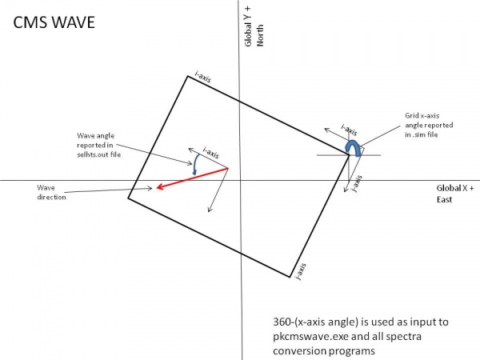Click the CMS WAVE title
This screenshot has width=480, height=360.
tap(54, 22)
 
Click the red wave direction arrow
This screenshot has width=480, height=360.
tap(192, 178)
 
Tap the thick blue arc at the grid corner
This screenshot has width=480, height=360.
tap(353, 148)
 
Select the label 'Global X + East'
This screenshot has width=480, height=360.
tap(455, 194)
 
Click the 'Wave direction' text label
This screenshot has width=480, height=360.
tap(51, 192)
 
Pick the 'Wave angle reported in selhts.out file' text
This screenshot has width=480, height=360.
tap(98, 145)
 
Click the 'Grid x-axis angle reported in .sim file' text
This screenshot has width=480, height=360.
tap(429, 125)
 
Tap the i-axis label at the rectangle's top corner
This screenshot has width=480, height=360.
tap(203, 77)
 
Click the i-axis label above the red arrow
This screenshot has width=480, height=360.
tap(211, 153)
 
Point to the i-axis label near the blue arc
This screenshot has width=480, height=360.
tap(349, 130)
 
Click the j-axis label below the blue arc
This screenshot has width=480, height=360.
tap(357, 184)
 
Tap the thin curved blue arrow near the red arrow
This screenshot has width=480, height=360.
tap(195, 164)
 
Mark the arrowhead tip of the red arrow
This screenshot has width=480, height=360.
tap(157, 188)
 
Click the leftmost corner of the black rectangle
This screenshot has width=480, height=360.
tap(128, 198)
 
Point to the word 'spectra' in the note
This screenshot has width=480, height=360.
tap(403, 337)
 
